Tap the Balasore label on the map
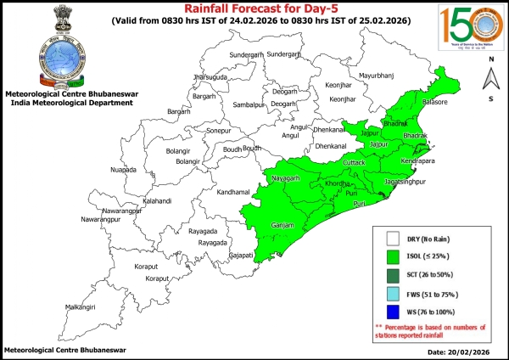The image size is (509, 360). click(x=434, y=102)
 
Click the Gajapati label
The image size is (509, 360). click(x=242, y=255)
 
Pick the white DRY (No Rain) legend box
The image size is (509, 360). click(x=393, y=239)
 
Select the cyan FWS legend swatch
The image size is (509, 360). click(x=393, y=294)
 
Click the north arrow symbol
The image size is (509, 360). click(x=491, y=80)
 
